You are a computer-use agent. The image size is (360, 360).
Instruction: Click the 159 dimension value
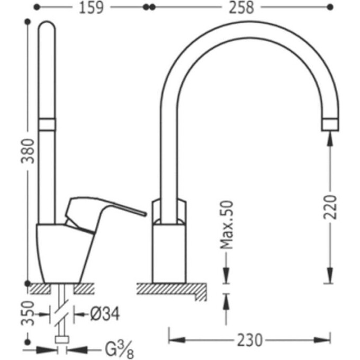91,7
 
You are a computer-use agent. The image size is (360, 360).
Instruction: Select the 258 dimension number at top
241,7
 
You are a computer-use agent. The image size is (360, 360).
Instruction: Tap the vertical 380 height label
28,151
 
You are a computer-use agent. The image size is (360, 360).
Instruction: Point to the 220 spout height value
330,207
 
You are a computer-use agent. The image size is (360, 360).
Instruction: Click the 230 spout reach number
249,340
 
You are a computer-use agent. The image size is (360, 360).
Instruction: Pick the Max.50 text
227,225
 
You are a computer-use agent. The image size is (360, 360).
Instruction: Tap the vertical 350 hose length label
28,313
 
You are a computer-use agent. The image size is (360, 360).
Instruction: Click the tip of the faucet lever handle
145,214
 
